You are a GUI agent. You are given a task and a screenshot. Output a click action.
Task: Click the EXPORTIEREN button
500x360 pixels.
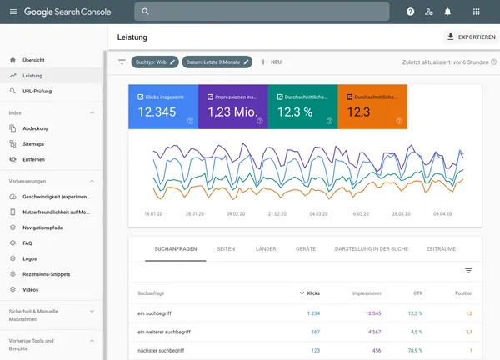tap(471, 37)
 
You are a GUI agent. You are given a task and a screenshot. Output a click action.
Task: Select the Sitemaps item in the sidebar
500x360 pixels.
tap(33, 143)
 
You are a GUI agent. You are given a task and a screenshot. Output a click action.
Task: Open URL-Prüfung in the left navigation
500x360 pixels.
tap(37, 91)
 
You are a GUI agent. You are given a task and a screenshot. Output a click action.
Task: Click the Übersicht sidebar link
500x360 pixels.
tap(34, 61)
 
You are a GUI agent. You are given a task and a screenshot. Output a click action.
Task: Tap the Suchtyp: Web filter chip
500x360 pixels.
tap(155, 62)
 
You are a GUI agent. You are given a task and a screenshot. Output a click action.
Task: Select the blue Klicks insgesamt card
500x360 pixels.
tap(162, 107)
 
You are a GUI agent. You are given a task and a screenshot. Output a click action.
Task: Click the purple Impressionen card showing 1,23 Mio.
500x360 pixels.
tap(232, 107)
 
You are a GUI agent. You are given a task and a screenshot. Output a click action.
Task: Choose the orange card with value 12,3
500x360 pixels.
tap(372, 107)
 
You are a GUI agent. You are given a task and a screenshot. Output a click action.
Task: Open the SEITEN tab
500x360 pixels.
tap(225, 248)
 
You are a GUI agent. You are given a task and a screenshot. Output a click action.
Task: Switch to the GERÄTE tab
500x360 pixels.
tap(305, 248)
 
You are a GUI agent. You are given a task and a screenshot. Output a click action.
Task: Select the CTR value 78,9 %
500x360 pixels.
tap(415, 351)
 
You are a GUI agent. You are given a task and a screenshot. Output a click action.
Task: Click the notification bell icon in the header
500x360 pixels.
tap(447, 12)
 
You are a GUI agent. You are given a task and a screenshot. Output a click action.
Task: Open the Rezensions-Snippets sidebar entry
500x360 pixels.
tap(46, 273)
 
